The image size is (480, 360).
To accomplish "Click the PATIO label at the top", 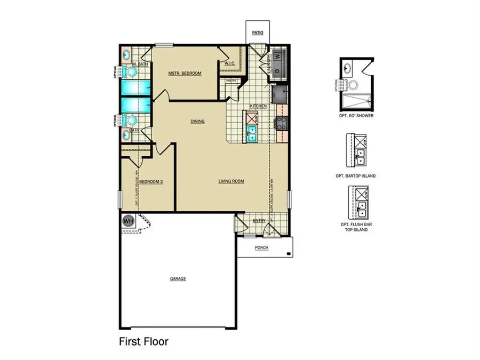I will (x=258, y=33).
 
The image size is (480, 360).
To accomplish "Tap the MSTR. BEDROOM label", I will (x=185, y=73).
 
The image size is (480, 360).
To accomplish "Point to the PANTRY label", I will (x=231, y=81).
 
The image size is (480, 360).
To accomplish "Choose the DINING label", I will (x=198, y=121).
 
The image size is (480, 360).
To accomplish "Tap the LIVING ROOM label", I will (x=231, y=181).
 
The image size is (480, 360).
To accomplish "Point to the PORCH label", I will (x=262, y=248).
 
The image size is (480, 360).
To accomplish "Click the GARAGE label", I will (x=178, y=278).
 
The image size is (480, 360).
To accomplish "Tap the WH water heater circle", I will (x=128, y=220).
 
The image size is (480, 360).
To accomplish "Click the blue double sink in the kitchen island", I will (x=252, y=133).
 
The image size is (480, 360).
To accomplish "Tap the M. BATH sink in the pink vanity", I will (x=126, y=54).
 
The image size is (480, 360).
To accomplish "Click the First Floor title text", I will (x=143, y=341).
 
